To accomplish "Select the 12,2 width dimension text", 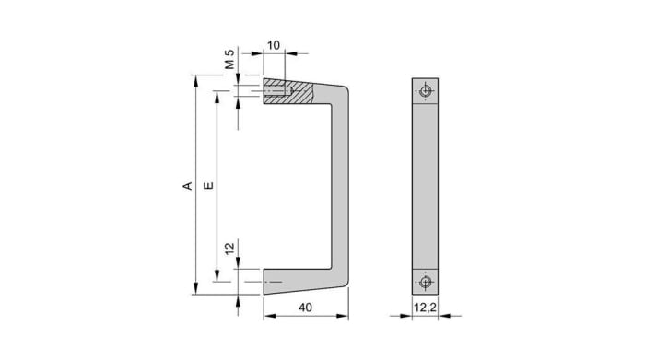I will click(x=424, y=308).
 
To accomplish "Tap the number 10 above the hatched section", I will click(x=275, y=45).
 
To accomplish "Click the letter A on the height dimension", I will click(x=188, y=186).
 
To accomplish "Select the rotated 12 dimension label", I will click(x=229, y=248).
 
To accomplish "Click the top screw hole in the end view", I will click(x=425, y=91).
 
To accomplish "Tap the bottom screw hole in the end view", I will click(x=425, y=282).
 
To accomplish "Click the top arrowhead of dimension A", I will click(x=196, y=80).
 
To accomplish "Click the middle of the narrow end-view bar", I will click(x=425, y=187).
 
